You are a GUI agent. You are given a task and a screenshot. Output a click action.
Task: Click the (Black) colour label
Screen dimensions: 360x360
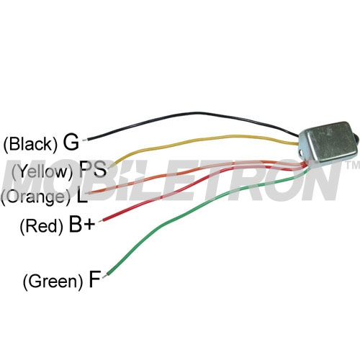(x=31, y=145)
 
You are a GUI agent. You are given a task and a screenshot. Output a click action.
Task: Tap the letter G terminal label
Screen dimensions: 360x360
(x=71, y=142)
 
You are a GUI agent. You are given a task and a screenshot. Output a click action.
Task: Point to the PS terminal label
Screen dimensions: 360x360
(x=93, y=169)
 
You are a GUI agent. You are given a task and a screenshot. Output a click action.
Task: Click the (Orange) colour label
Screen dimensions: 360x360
(x=37, y=197)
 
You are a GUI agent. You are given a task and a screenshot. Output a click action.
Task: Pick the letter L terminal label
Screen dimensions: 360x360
(x=81, y=196)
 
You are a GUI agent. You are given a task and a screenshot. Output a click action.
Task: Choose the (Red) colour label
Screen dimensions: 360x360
(x=42, y=226)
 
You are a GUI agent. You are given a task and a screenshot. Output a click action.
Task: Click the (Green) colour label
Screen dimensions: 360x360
(x=53, y=282)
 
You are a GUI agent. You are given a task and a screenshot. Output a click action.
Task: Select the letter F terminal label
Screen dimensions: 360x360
(x=94, y=279)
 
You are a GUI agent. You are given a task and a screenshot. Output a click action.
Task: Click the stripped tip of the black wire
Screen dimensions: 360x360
(x=84, y=140)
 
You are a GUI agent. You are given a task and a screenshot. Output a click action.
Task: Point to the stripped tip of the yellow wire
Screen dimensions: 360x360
(x=112, y=166)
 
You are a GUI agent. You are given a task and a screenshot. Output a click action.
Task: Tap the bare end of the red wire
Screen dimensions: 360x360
(x=101, y=220)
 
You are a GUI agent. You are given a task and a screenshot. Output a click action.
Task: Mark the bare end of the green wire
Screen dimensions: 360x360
(x=105, y=276)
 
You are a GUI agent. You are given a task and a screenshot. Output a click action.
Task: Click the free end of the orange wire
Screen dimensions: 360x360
(x=89, y=193)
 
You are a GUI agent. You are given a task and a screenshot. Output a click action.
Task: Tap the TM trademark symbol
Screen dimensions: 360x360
(x=352, y=165)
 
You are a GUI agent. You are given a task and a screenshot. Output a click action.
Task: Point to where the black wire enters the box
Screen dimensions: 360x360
(x=298, y=136)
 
